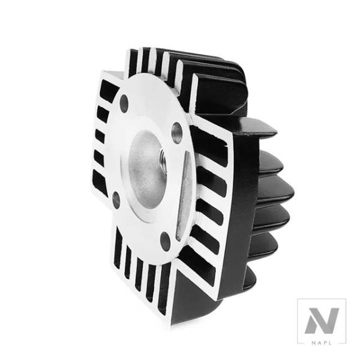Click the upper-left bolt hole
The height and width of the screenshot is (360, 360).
click(x=124, y=103)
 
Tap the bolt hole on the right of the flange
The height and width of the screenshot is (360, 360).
click(x=177, y=133)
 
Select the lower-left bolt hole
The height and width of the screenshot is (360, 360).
click(x=116, y=200)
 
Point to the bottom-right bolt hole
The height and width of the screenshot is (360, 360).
click(x=165, y=241)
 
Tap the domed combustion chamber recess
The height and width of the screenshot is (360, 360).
click(x=147, y=169)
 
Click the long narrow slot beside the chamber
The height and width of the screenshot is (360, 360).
click(x=183, y=195)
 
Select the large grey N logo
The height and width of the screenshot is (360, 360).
click(x=322, y=321)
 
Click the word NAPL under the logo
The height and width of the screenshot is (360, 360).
click(x=322, y=343)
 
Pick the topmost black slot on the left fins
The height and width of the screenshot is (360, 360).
click(x=109, y=90)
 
